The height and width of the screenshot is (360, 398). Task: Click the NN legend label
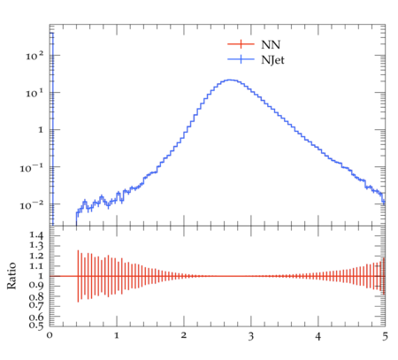[271, 44]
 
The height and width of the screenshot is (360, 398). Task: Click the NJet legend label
[272, 60]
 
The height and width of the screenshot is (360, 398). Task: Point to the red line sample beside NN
[241, 44]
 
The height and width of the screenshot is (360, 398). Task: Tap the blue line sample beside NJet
[241, 59]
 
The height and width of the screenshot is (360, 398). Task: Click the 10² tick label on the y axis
[34, 56]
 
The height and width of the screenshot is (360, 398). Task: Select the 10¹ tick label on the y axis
[34, 93]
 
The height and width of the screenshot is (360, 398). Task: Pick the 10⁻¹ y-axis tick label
[32, 168]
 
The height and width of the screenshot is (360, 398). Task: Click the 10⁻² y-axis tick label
[32, 205]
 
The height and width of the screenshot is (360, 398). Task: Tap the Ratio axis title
[11, 276]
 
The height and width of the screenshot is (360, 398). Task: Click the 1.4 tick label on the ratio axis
[36, 235]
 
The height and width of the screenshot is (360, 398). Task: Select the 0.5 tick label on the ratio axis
[36, 326]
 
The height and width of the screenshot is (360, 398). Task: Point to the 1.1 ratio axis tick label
[36, 266]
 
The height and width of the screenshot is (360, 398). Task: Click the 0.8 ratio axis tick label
[36, 296]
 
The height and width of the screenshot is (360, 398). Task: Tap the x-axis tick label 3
[251, 336]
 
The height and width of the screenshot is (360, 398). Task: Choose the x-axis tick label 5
[385, 336]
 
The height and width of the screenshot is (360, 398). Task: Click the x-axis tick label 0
[50, 335]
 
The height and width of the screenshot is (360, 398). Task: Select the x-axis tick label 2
[184, 335]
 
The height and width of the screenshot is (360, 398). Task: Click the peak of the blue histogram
[230, 80]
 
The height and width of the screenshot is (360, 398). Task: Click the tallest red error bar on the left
[78, 276]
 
